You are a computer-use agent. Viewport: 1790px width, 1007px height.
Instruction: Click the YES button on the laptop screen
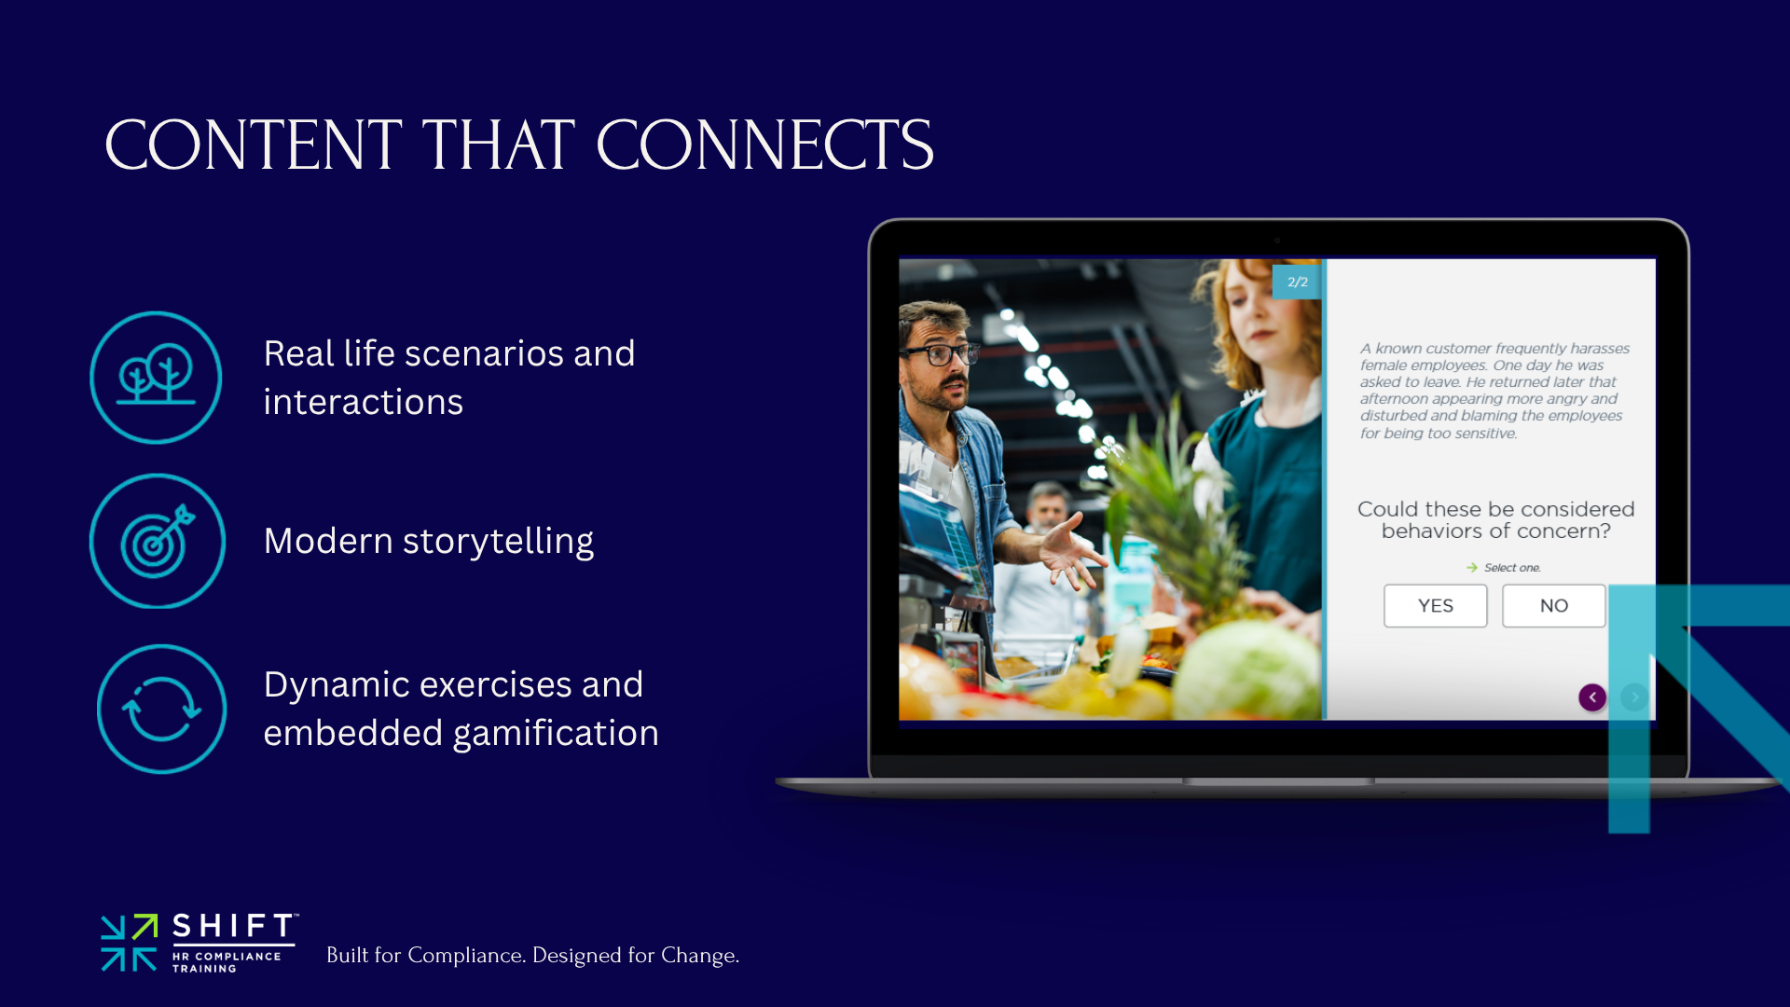[x=1435, y=606]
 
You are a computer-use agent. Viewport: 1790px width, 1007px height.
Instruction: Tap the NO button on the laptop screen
[x=1553, y=606]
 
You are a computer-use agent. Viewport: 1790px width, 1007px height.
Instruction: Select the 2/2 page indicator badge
[x=1297, y=282]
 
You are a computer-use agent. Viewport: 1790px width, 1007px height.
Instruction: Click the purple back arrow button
[x=1592, y=697]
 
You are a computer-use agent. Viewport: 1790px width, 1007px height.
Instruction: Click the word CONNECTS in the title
[x=764, y=145]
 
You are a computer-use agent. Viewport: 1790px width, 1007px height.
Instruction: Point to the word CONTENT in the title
[x=253, y=145]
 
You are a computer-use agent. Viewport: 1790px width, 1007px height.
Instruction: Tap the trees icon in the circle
[x=156, y=377]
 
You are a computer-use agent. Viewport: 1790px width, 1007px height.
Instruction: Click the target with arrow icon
[x=158, y=541]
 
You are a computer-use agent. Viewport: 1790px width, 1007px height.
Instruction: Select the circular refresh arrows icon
[x=161, y=709]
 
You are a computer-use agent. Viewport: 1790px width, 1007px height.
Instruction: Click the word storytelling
[x=498, y=542]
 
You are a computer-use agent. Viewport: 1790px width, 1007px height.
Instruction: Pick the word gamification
[x=556, y=734]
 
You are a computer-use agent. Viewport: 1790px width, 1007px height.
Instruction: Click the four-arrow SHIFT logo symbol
[x=129, y=943]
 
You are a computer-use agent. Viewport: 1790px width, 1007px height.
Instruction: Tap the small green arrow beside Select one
[x=1471, y=568]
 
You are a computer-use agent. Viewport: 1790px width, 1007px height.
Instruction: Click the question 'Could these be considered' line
[x=1495, y=509]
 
